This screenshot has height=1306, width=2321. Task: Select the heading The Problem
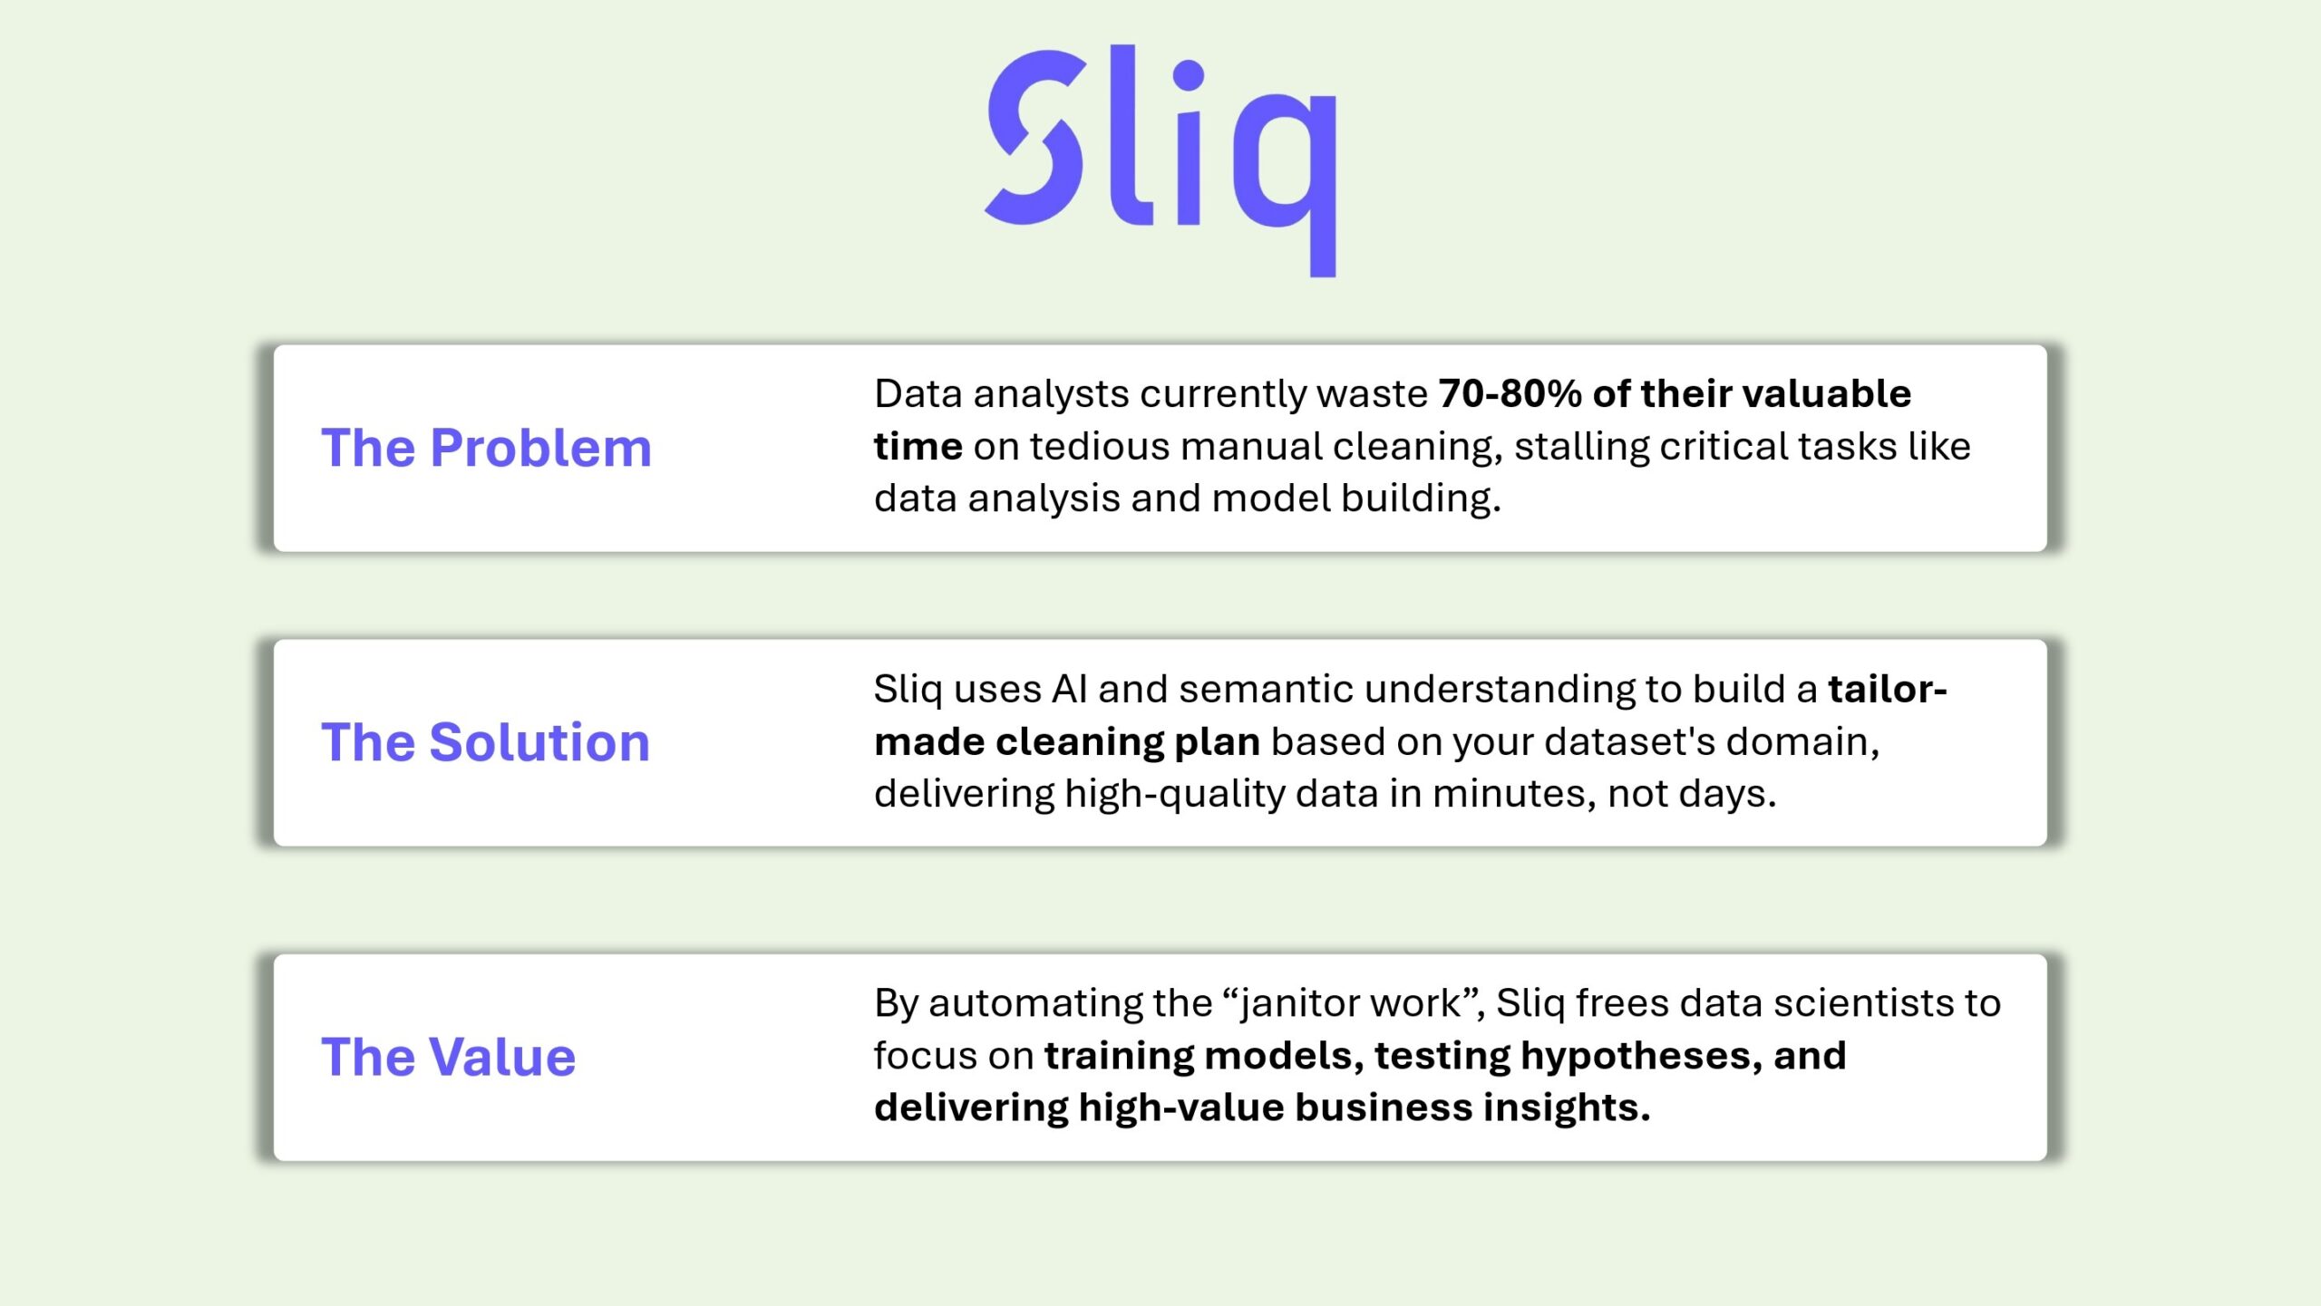tap(486, 448)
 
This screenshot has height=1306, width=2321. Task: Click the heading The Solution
tap(485, 742)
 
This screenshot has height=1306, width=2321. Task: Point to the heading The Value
tap(448, 1057)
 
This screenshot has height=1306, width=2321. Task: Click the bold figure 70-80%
tap(1510, 394)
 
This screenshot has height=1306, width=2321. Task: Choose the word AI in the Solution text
tap(1069, 690)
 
